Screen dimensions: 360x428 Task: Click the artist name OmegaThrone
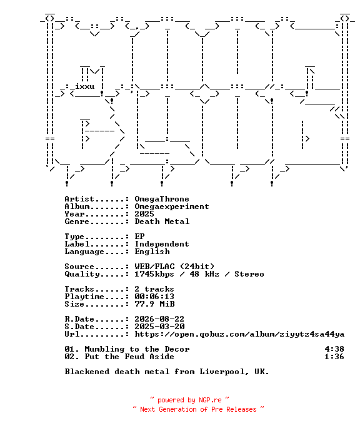coord(162,199)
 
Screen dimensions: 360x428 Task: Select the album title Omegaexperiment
coord(172,206)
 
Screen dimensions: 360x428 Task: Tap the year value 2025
coord(144,214)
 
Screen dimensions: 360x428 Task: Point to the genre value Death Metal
coord(162,222)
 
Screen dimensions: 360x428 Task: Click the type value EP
coord(139,237)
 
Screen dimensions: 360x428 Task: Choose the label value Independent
coord(162,244)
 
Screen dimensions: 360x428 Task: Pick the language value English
coord(152,252)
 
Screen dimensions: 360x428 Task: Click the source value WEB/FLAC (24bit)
coord(174,267)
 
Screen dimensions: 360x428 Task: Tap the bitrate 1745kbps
coord(154,274)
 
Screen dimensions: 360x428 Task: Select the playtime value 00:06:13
coord(154,297)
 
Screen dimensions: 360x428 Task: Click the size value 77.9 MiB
coord(154,304)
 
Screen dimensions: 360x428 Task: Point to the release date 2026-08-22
coord(159,319)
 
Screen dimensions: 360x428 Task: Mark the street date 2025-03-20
coord(159,327)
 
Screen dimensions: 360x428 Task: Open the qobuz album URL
coord(239,334)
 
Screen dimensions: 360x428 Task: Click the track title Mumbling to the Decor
coord(137,349)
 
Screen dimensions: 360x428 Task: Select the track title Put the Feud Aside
coord(129,357)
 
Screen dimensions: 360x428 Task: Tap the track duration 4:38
coord(334,349)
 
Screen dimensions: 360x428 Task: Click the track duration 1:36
coord(334,357)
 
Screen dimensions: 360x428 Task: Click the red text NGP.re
coord(210,400)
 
